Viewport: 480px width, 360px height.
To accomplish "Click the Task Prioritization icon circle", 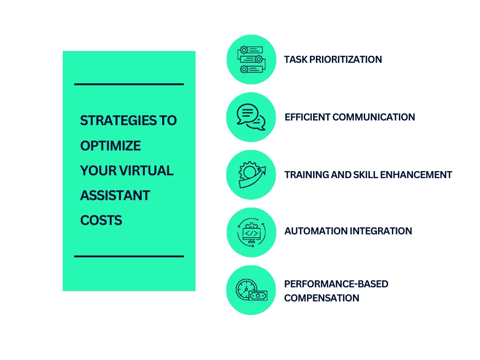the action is coord(251,60).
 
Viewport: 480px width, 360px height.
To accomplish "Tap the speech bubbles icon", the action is coord(251,117).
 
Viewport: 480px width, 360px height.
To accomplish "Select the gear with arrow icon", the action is coord(251,175).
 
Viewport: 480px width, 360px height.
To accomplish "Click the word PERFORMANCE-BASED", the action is coord(336,284).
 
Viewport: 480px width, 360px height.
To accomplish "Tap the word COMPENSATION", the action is coord(322,298).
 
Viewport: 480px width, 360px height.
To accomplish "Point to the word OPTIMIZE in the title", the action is coord(110,146).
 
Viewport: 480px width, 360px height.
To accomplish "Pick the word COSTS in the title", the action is coord(101,220).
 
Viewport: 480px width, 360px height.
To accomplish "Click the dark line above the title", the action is coord(129,84).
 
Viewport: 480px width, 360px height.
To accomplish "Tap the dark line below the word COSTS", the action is coord(129,256).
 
